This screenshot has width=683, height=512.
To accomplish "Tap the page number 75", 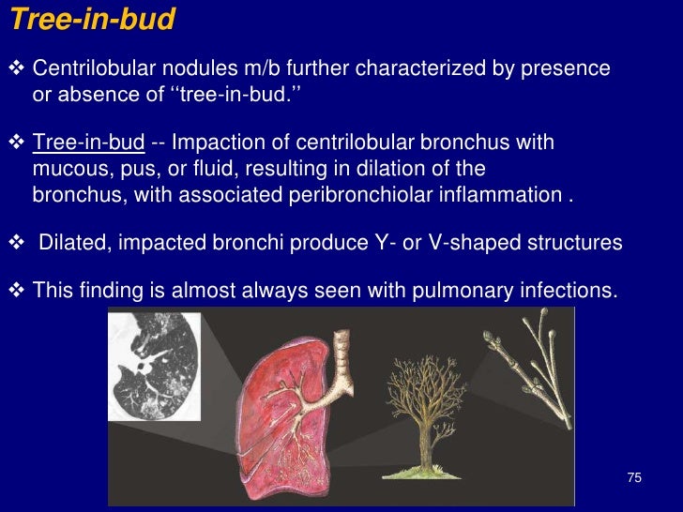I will [634, 478].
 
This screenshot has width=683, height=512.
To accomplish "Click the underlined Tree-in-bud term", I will [88, 143].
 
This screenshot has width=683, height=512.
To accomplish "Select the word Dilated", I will [72, 243].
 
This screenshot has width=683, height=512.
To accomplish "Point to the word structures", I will [574, 243].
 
